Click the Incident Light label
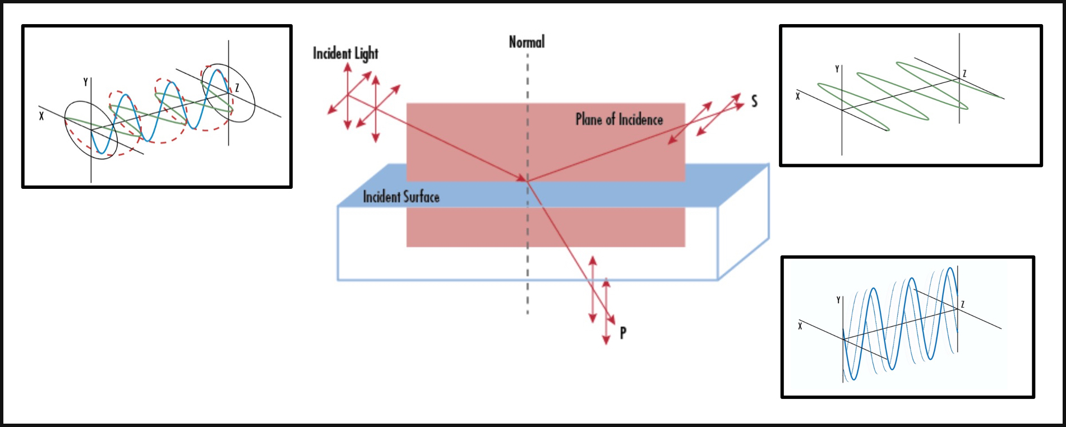pyautogui.click(x=345, y=54)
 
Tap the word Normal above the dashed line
pyautogui.click(x=527, y=42)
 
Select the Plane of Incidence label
pyautogui.click(x=619, y=119)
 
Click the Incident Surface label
pyautogui.click(x=401, y=197)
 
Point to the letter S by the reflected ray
pyautogui.click(x=754, y=101)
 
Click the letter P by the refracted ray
pyautogui.click(x=623, y=333)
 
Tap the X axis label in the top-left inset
pyautogui.click(x=41, y=117)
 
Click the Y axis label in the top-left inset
pyautogui.click(x=86, y=82)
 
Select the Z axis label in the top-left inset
pyautogui.click(x=237, y=88)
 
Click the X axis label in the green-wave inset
pyautogui.click(x=798, y=96)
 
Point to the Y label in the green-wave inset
pyautogui.click(x=837, y=69)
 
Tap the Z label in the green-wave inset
pyautogui.click(x=965, y=74)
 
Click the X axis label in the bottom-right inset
pyautogui.click(x=800, y=326)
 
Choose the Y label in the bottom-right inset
pyautogui.click(x=838, y=300)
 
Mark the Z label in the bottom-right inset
pyautogui.click(x=963, y=305)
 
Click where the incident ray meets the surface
pyautogui.click(x=527, y=180)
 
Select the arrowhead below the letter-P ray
pyautogui.click(x=606, y=340)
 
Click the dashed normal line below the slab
pyautogui.click(x=528, y=297)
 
